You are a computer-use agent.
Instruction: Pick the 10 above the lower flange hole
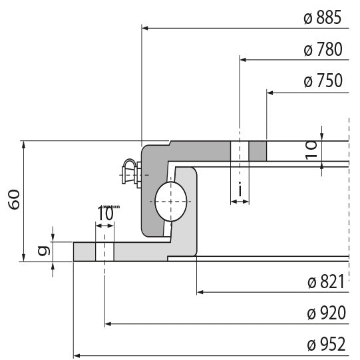[105, 214]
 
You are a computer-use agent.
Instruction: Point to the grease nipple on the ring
[130, 173]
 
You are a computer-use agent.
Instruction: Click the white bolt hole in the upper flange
[240, 151]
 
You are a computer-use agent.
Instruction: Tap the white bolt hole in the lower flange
[105, 252]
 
